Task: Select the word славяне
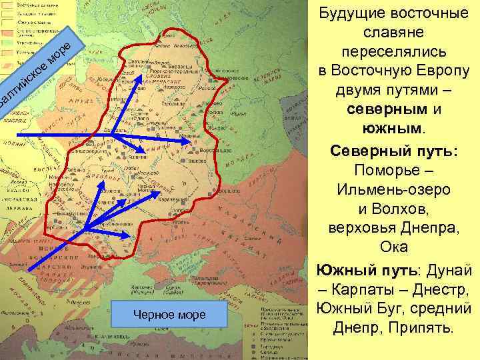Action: click(398, 33)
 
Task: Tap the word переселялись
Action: click(398, 52)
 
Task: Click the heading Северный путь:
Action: click(397, 151)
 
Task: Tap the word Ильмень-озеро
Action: click(398, 189)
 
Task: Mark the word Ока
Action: click(398, 247)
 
